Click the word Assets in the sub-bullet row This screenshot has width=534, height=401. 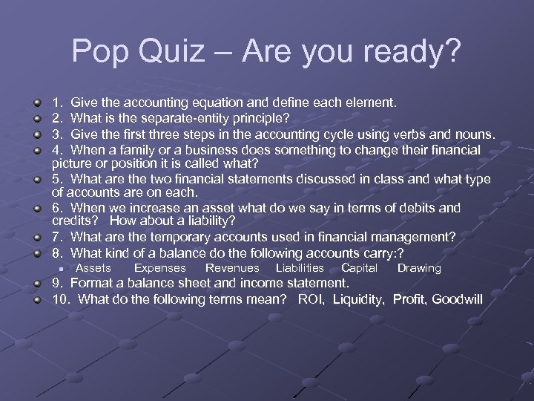pyautogui.click(x=93, y=268)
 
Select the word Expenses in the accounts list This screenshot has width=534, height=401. pyautogui.click(x=159, y=268)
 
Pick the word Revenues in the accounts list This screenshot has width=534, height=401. pyautogui.click(x=232, y=268)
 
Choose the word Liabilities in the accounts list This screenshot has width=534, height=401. pyautogui.click(x=300, y=268)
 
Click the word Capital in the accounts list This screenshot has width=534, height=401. pyautogui.click(x=359, y=268)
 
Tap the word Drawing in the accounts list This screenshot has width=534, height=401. pyautogui.click(x=419, y=268)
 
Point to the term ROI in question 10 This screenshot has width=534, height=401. pyautogui.click(x=312, y=299)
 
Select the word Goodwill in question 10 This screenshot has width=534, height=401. pyautogui.click(x=457, y=299)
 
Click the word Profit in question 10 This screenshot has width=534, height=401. pyautogui.click(x=409, y=299)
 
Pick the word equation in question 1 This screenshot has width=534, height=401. pyautogui.click(x=241, y=103)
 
